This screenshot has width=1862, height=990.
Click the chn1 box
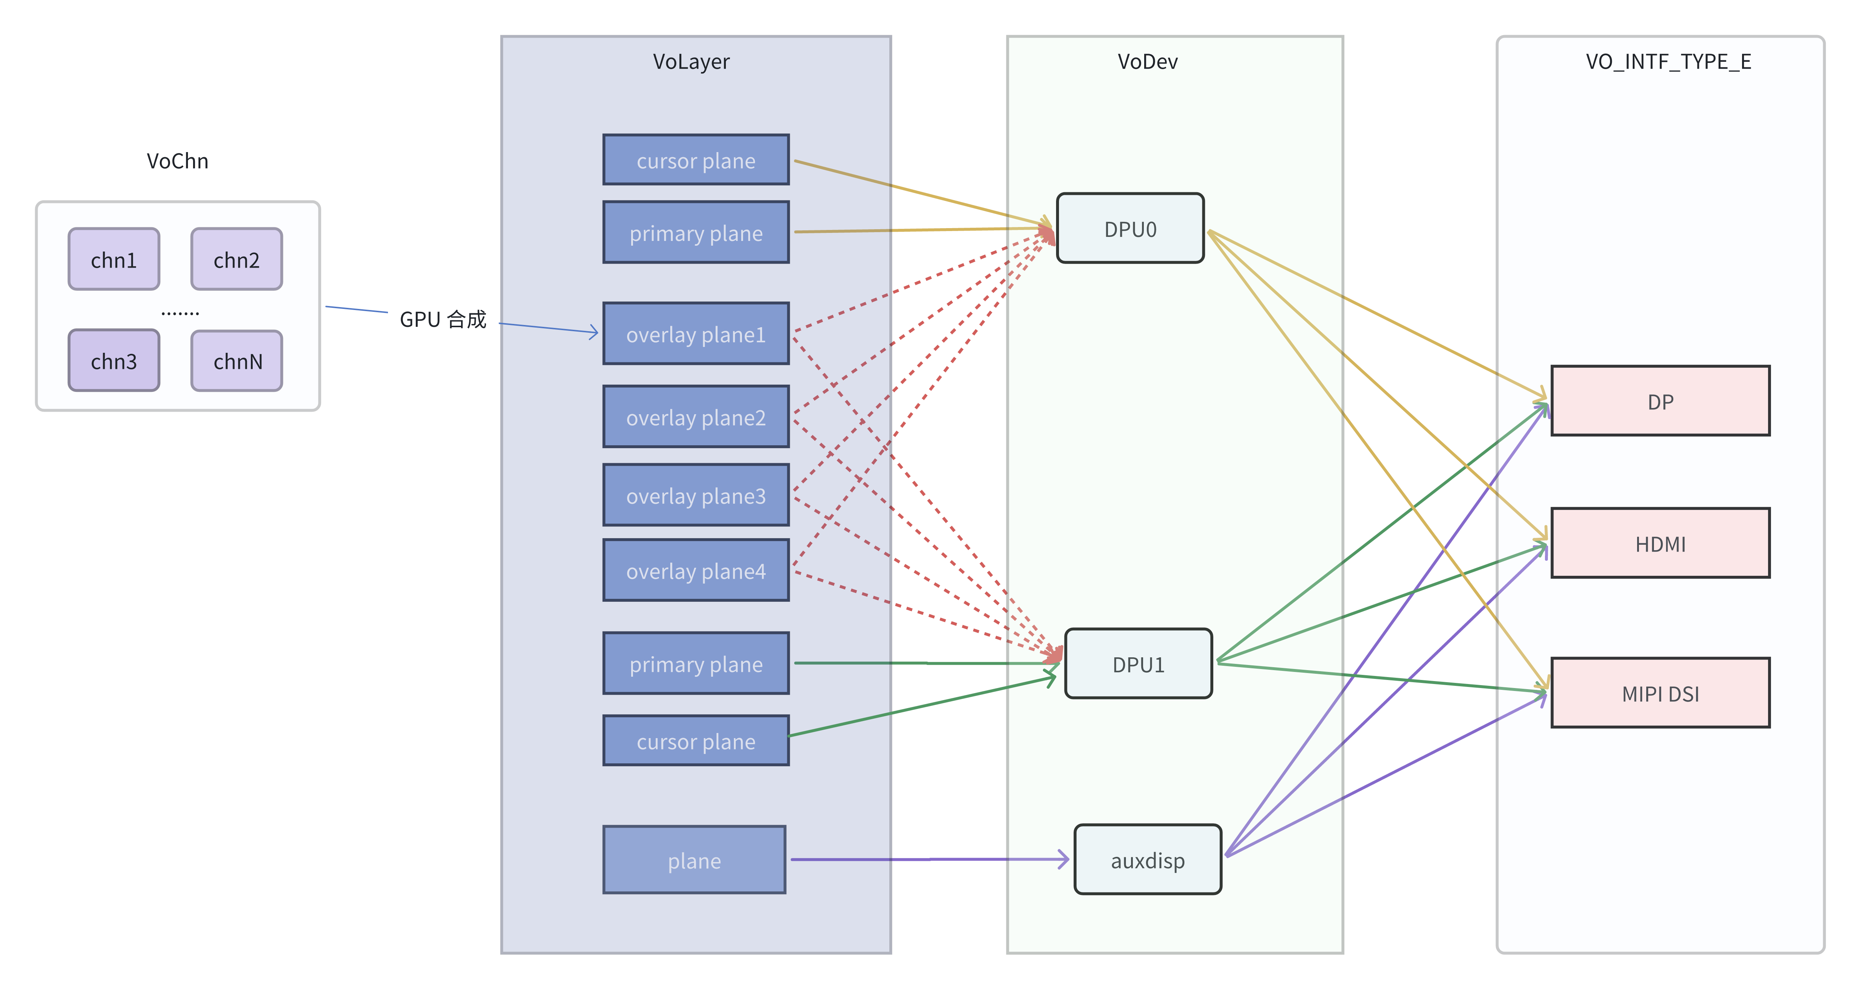[x=113, y=260]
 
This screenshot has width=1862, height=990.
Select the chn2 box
[x=236, y=260]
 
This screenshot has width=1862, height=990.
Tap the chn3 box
[x=113, y=360]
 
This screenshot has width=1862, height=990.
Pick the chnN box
[x=236, y=360]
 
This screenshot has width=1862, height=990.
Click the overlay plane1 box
[x=696, y=334]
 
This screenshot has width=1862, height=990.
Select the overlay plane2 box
[x=696, y=417]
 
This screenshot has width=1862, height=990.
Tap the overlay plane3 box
[x=696, y=496]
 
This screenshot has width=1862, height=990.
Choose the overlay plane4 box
[x=696, y=571]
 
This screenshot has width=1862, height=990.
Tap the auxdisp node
[x=1147, y=860]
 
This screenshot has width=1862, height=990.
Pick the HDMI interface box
[x=1660, y=543]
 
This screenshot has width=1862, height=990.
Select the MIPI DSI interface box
[x=1660, y=693]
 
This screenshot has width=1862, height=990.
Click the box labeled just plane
[x=694, y=860]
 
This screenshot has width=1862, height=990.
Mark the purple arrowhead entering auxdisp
[x=1064, y=859]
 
